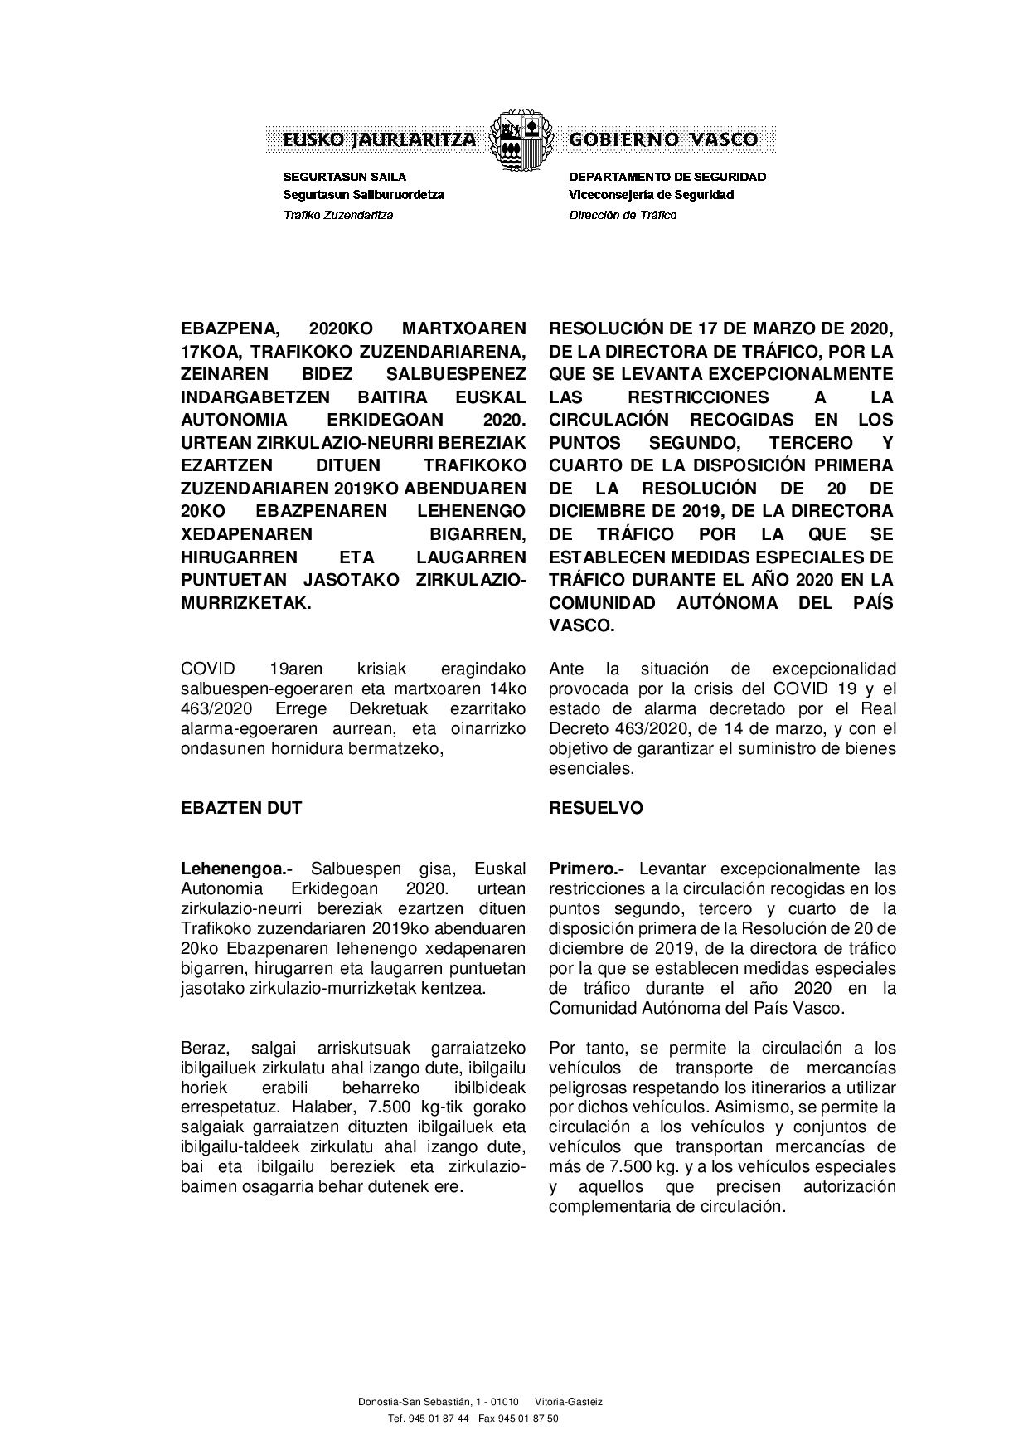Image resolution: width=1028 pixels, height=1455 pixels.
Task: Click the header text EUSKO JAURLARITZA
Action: pyautogui.click(x=380, y=139)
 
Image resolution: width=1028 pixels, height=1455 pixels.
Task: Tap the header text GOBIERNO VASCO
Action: pyautogui.click(x=663, y=139)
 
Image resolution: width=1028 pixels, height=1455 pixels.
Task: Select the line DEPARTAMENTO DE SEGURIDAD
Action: pyautogui.click(x=667, y=177)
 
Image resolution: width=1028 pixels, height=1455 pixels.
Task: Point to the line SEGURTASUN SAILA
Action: pyautogui.click(x=345, y=177)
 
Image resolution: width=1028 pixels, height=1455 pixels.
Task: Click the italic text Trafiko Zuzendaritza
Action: pyautogui.click(x=338, y=215)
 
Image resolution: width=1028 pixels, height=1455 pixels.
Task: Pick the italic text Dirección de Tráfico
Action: pyautogui.click(x=623, y=215)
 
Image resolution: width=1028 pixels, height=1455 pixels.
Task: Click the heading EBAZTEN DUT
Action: pyautogui.click(x=241, y=808)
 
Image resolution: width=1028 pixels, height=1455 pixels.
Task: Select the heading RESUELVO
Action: pyautogui.click(x=596, y=808)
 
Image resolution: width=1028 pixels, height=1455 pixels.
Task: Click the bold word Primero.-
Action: pyautogui.click(x=586, y=869)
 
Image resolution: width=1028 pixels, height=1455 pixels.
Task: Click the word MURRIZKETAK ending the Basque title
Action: pyautogui.click(x=245, y=603)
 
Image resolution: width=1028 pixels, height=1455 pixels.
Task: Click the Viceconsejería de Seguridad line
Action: pyautogui.click(x=651, y=195)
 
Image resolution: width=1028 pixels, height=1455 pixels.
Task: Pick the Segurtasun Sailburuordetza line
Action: pyautogui.click(x=363, y=195)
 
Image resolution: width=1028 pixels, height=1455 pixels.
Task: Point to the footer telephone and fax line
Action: pyautogui.click(x=473, y=1419)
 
